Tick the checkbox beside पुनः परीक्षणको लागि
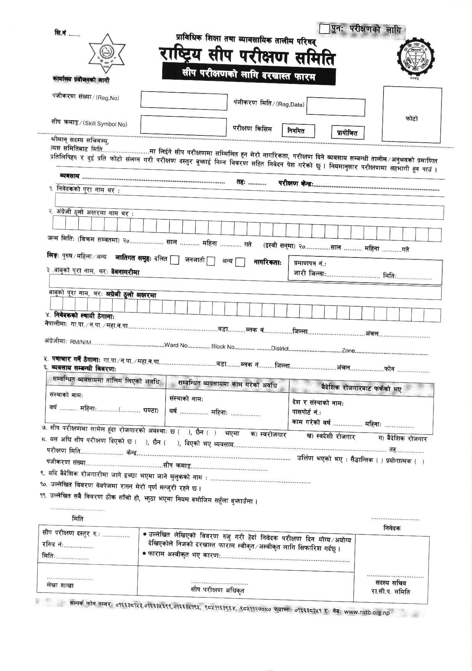pyautogui.click(x=324, y=29)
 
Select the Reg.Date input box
pyautogui.click(x=335, y=106)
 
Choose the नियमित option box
pyautogui.click(x=299, y=131)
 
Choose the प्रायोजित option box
pyautogui.click(x=348, y=133)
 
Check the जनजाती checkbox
pyautogui.click(x=211, y=261)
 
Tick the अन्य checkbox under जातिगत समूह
pyautogui.click(x=240, y=262)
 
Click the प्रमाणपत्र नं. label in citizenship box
pyautogui.click(x=309, y=264)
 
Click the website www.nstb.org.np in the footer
pyautogui.click(x=367, y=612)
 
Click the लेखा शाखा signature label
pyautogui.click(x=59, y=585)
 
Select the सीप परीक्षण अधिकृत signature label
pyautogui.click(x=217, y=590)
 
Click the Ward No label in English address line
pyautogui.click(x=176, y=345)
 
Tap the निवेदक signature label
pyautogui.click(x=392, y=528)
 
